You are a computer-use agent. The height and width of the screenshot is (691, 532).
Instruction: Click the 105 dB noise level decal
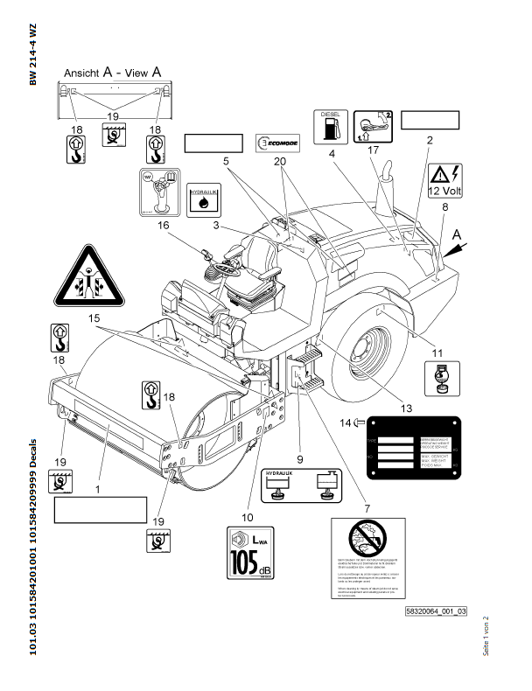249,555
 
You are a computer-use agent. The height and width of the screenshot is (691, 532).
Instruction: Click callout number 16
187,226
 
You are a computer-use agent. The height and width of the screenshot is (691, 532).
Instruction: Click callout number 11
439,352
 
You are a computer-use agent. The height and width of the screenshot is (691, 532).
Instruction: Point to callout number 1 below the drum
98,491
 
